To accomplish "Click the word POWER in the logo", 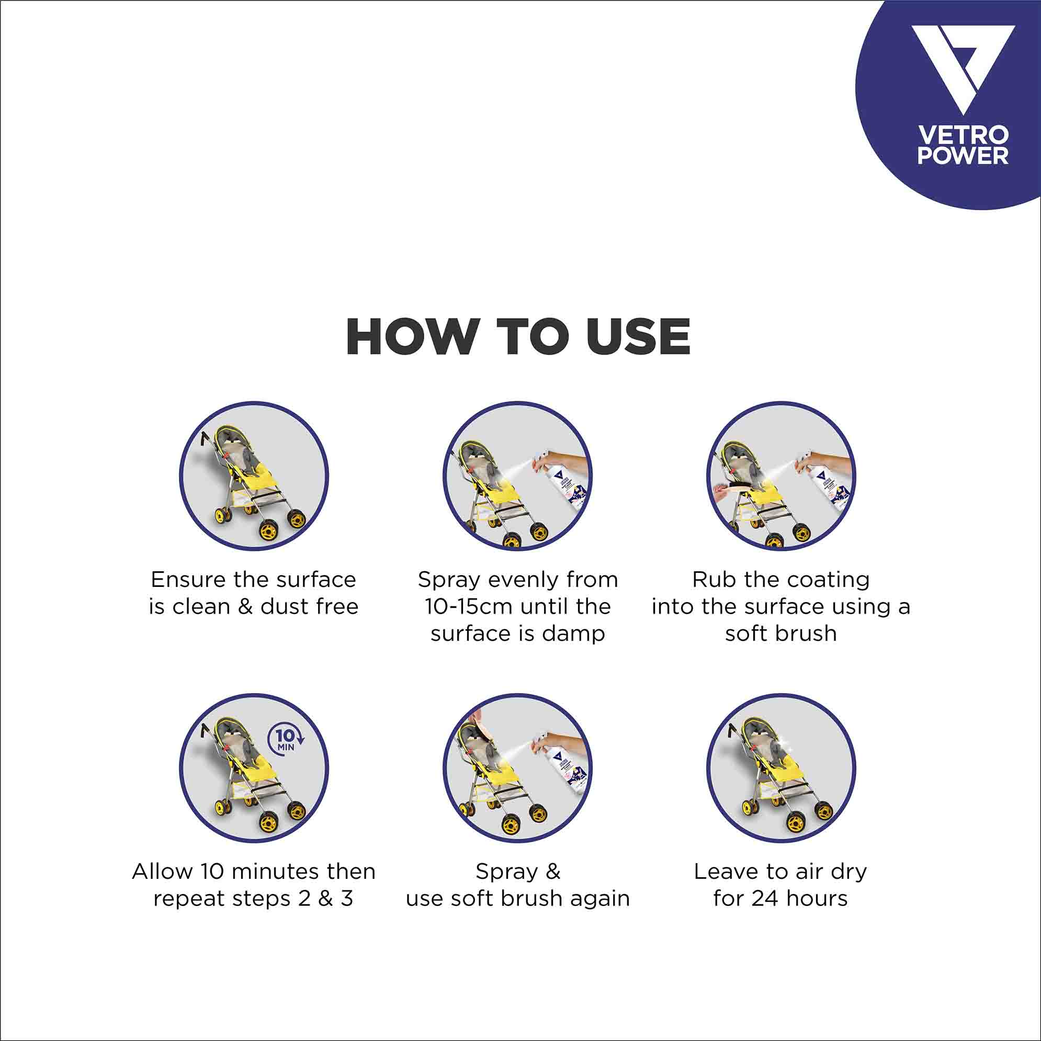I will pos(963,156).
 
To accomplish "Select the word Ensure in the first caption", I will pos(187,580).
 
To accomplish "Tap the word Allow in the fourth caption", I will pos(162,872).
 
